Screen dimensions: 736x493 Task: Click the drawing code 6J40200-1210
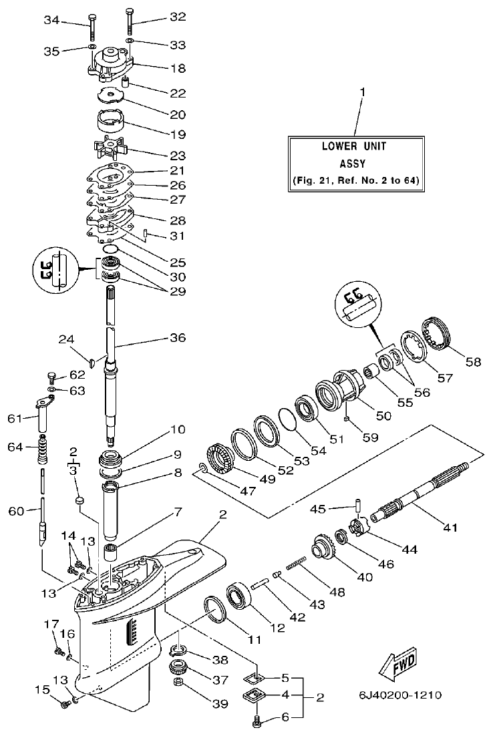pyautogui.click(x=401, y=695)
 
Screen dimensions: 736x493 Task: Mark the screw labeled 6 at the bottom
pyautogui.click(x=257, y=721)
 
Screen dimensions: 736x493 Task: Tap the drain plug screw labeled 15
pyautogui.click(x=65, y=703)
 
